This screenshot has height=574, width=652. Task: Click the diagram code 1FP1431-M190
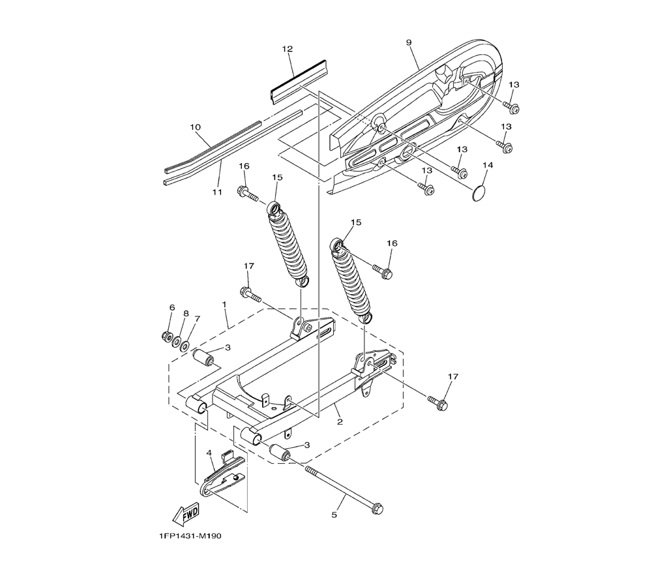190,536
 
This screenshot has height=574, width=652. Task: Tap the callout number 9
408,42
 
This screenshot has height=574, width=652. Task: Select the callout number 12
288,49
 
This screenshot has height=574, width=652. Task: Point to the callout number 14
488,165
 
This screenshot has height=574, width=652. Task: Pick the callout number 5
334,515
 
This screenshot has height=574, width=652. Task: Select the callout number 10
195,127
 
